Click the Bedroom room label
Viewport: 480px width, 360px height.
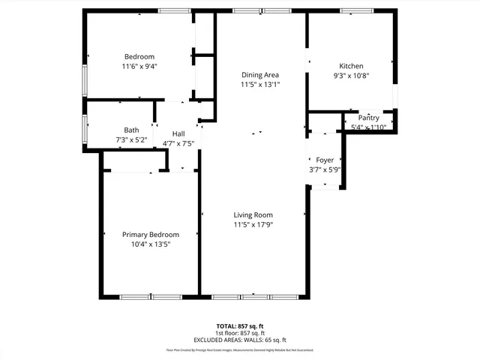tap(139, 57)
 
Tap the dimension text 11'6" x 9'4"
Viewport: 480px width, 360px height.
tap(139, 66)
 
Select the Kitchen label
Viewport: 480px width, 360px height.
tap(351, 66)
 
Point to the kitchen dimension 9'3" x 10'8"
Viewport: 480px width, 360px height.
tap(351, 75)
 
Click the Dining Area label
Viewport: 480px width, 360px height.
tap(260, 75)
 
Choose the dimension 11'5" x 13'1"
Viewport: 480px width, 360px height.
tap(260, 85)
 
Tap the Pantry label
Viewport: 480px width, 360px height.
tap(368, 118)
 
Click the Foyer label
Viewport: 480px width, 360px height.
tap(325, 160)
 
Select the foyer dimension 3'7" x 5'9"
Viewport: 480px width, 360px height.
tap(325, 169)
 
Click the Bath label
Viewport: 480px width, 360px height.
tap(131, 130)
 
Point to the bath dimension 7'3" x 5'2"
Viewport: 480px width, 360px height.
tap(131, 140)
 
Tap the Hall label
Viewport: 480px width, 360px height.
tap(178, 133)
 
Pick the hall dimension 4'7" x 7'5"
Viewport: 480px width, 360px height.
tap(178, 143)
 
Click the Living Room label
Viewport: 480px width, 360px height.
tap(253, 214)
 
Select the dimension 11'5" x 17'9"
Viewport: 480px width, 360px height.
tap(253, 224)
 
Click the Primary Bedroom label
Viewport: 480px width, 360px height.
tap(151, 234)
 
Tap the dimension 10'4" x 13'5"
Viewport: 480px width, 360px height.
tap(151, 244)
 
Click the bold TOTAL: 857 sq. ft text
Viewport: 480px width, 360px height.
tap(240, 326)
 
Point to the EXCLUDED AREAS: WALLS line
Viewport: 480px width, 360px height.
tap(240, 340)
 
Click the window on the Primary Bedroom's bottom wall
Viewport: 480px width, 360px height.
tap(151, 297)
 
